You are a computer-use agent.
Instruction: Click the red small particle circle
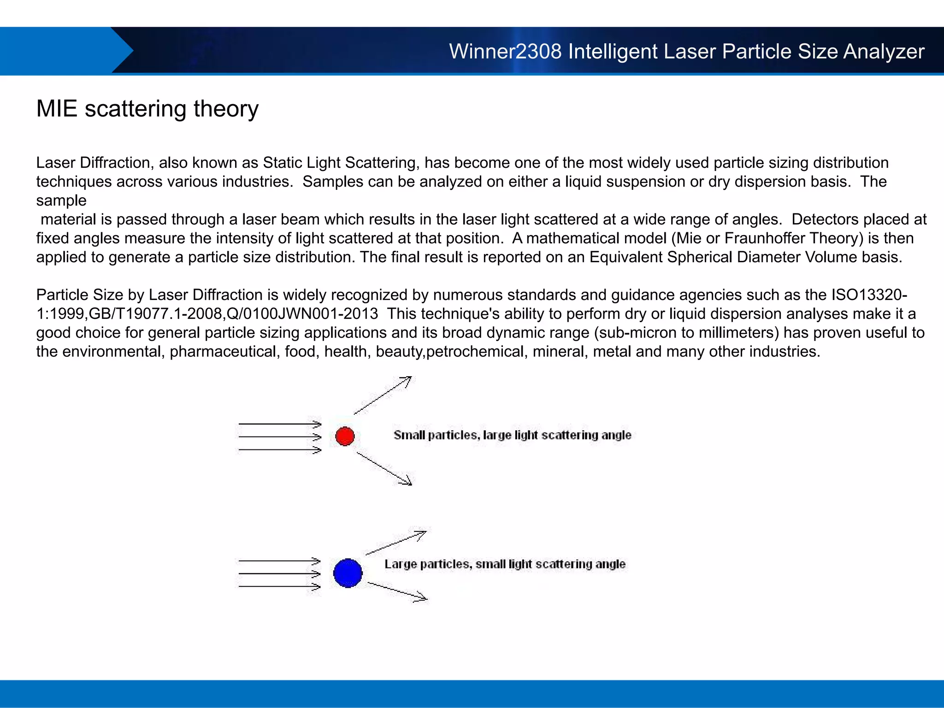point(345,436)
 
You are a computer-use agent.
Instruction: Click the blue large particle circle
point(348,573)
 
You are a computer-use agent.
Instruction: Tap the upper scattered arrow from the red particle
point(383,395)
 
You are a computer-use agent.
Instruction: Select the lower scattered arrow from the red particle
point(384,469)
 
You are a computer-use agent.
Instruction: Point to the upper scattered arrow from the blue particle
point(396,543)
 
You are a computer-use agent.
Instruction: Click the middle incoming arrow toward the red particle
point(279,437)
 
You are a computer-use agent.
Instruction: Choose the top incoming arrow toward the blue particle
point(279,560)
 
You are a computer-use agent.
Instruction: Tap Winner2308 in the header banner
point(505,51)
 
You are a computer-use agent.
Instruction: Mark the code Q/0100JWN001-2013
point(302,314)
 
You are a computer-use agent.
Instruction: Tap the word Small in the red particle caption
point(409,435)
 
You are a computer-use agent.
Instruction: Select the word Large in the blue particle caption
point(400,564)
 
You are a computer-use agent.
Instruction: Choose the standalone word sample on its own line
point(61,201)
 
